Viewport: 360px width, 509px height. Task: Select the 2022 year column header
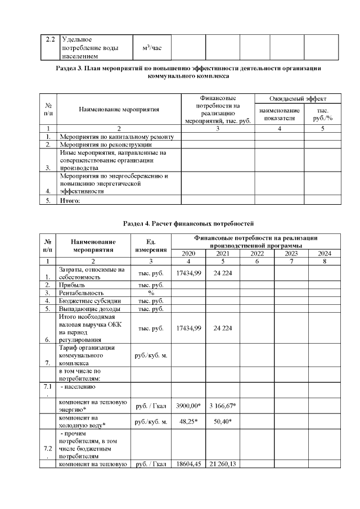point(256,253)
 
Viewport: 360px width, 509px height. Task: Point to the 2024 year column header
point(325,253)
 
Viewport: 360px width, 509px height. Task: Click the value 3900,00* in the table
point(188,406)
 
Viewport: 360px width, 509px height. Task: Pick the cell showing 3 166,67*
point(223,406)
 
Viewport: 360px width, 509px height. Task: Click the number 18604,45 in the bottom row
point(188,463)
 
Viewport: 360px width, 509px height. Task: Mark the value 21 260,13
point(223,463)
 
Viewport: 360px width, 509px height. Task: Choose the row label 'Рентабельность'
point(82,293)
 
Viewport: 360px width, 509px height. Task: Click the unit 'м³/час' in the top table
point(152,48)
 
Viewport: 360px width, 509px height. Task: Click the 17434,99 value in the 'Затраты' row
point(188,273)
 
